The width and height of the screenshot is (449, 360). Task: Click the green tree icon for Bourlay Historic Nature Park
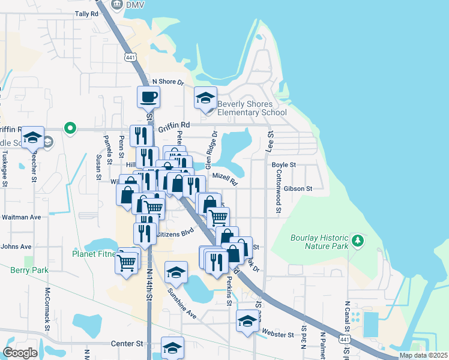pyautogui.click(x=358, y=240)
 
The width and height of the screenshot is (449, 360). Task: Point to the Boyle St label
pyautogui.click(x=284, y=164)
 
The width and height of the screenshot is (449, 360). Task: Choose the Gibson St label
pyautogui.click(x=298, y=188)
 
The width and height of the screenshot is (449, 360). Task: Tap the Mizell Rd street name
pyautogui.click(x=225, y=178)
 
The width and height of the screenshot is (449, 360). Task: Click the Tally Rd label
pyautogui.click(x=86, y=13)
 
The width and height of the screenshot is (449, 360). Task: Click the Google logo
pyautogui.click(x=20, y=352)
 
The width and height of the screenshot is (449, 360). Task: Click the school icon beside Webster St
pyautogui.click(x=247, y=321)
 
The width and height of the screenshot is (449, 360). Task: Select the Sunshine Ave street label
pyautogui.click(x=181, y=304)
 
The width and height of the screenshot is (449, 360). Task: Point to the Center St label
pyautogui.click(x=127, y=344)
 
